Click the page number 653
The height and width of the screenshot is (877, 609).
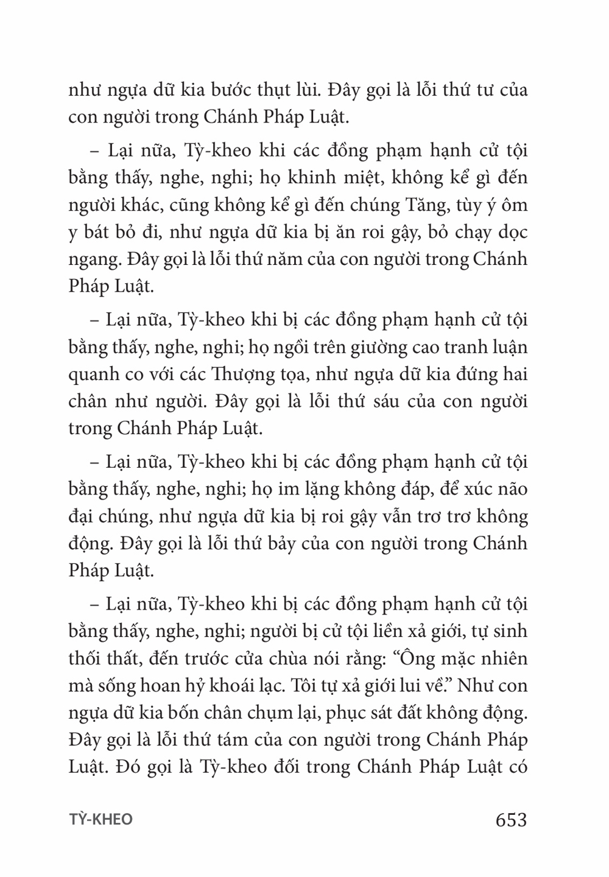point(511,820)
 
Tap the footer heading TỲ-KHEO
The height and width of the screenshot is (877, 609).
point(100,820)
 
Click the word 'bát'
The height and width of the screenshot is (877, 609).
point(104,232)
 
